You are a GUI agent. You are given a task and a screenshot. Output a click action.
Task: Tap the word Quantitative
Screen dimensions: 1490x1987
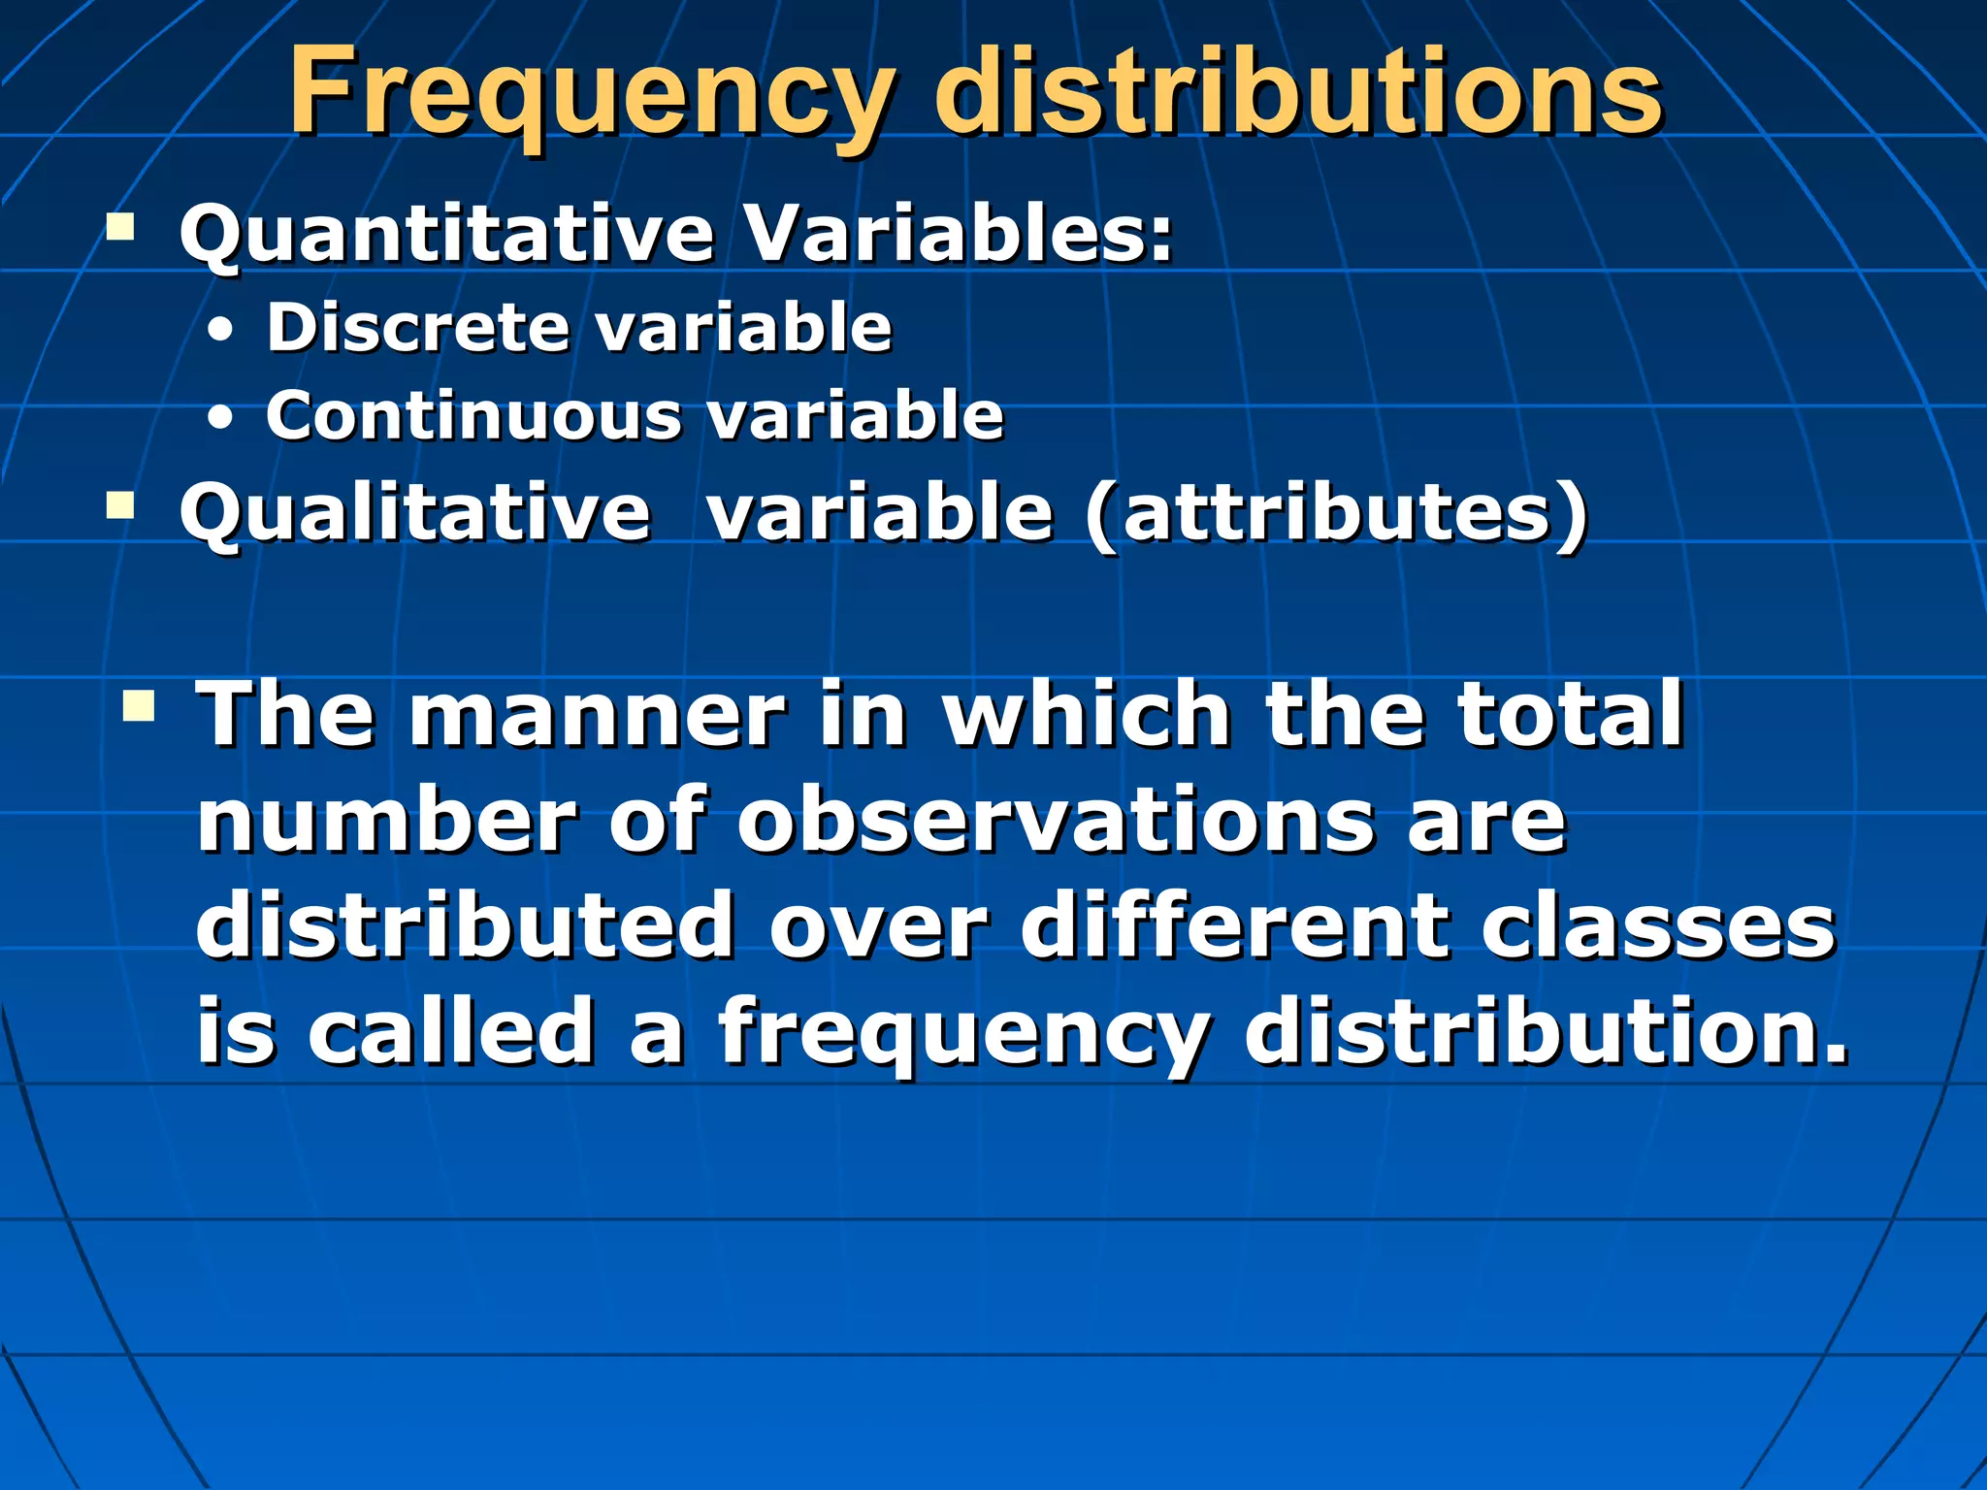[x=447, y=235]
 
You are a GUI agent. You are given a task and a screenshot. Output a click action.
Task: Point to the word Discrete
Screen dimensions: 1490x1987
[x=418, y=327]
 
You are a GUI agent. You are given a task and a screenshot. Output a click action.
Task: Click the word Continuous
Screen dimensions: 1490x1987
[x=474, y=416]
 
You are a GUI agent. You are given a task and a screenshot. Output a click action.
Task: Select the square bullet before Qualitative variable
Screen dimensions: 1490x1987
[x=120, y=505]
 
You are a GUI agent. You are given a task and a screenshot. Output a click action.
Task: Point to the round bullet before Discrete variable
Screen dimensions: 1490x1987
[x=221, y=332]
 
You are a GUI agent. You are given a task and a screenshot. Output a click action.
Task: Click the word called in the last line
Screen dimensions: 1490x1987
[x=451, y=1030]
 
